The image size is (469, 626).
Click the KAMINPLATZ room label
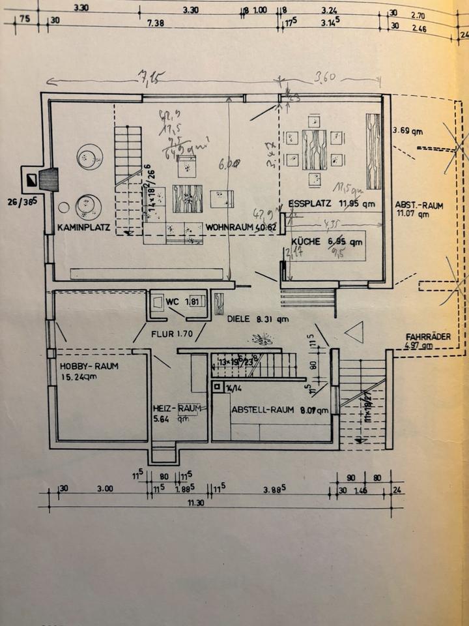tap(83, 228)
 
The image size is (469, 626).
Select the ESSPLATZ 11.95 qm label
tap(332, 203)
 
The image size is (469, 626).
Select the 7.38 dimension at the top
tap(156, 23)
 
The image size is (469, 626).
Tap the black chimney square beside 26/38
tap(29, 178)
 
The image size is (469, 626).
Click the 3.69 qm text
tap(408, 131)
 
